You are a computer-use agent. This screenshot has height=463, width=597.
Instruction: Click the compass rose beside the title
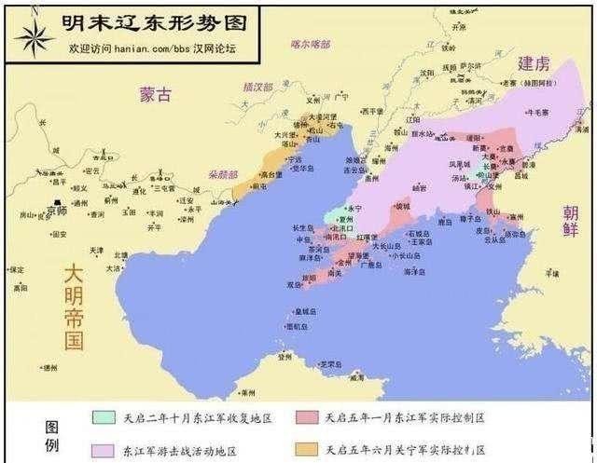[x=33, y=34]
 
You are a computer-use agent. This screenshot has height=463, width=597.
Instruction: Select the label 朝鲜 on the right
[x=570, y=224]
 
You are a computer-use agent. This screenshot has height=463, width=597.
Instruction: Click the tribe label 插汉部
[x=257, y=87]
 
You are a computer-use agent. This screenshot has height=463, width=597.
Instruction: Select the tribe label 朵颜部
[x=223, y=174]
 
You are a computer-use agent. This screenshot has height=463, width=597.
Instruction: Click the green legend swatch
[x=104, y=418]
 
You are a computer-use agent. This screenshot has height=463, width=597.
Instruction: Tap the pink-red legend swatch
[x=309, y=418]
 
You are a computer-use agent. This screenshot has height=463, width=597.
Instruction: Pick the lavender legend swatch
[x=104, y=450]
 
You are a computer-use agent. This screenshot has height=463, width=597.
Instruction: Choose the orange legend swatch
[x=309, y=450]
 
